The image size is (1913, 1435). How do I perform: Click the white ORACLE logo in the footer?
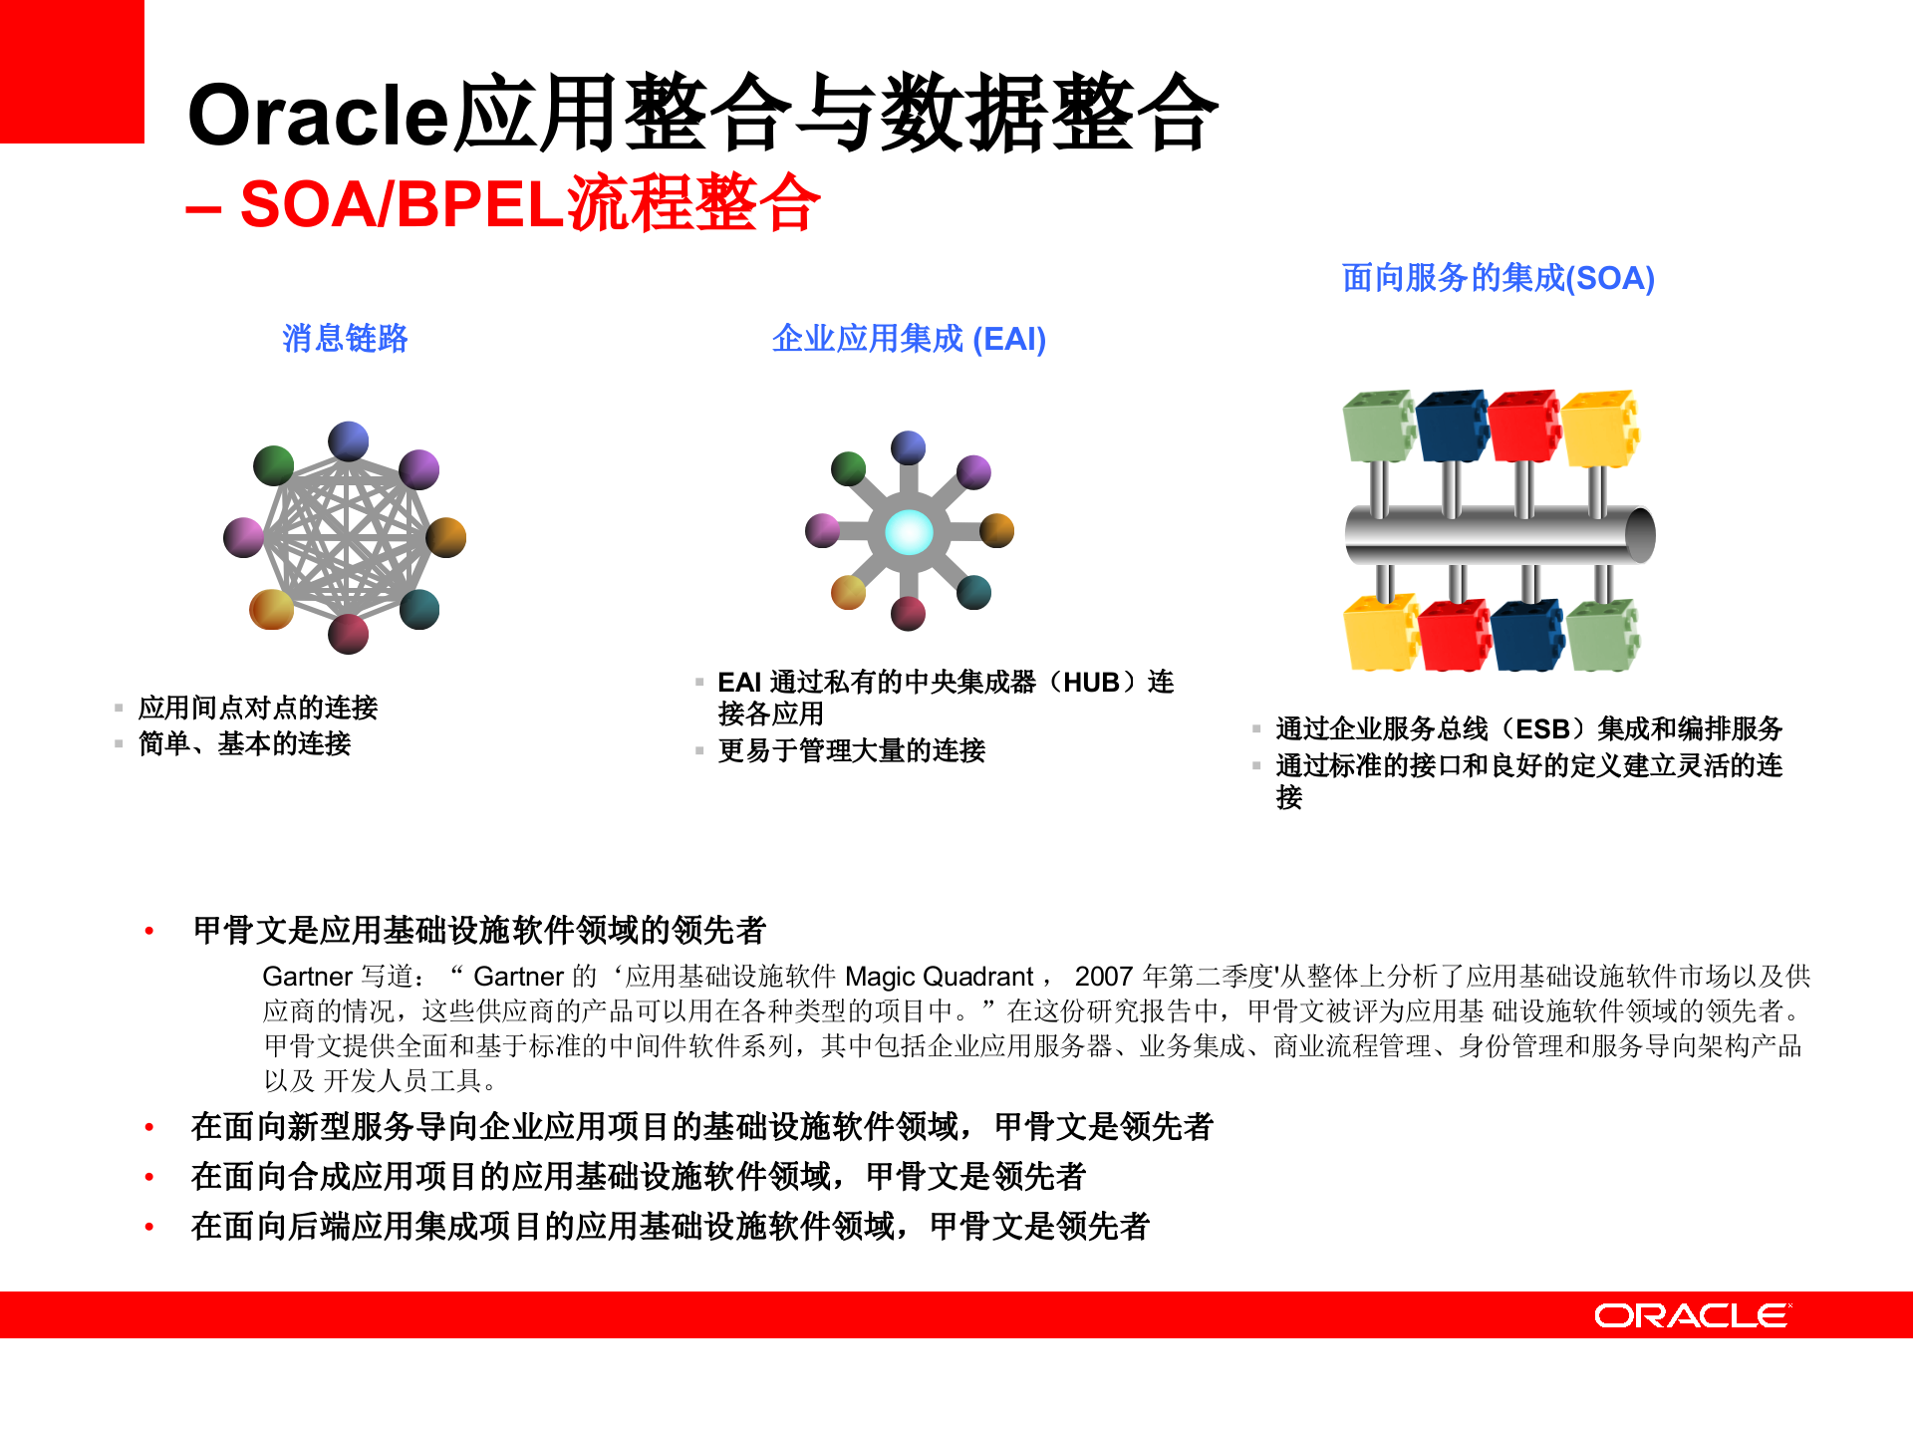click(x=1692, y=1315)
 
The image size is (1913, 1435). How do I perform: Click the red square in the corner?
click(x=72, y=72)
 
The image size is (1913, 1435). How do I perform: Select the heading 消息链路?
click(x=345, y=339)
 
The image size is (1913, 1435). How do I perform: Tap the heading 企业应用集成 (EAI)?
click(x=909, y=340)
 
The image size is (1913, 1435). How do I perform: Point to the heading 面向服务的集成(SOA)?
click(x=1498, y=278)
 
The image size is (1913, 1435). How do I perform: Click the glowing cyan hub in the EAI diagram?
click(x=909, y=532)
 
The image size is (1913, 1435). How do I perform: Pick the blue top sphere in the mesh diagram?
click(x=349, y=441)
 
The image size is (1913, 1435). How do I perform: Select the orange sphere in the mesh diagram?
click(x=446, y=537)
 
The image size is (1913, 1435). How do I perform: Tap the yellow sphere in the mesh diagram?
click(x=271, y=609)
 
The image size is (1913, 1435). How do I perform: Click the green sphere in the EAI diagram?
click(x=849, y=467)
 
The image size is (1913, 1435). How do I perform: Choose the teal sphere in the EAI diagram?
click(x=973, y=592)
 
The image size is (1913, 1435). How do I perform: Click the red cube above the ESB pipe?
click(x=1523, y=426)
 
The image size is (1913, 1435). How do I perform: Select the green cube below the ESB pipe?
click(x=1603, y=635)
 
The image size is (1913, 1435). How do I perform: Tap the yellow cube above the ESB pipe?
click(x=1599, y=429)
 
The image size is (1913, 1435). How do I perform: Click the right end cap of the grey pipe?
click(x=1640, y=535)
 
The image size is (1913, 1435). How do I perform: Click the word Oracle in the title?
click(x=319, y=115)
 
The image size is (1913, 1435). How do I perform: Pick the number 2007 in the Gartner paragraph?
click(x=1103, y=977)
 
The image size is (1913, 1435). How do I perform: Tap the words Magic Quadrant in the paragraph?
click(x=940, y=977)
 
